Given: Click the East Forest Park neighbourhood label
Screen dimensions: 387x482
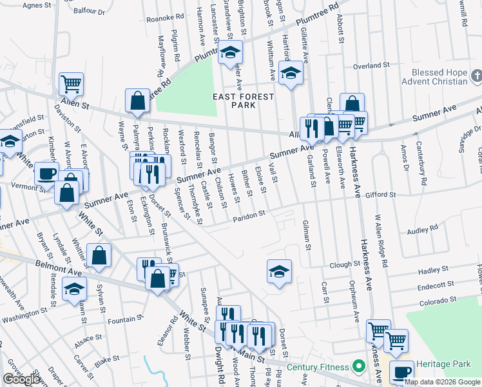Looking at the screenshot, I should pyautogui.click(x=244, y=101).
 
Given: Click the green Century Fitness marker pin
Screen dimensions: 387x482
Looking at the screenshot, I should pyautogui.click(x=359, y=366).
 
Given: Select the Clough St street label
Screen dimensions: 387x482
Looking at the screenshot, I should pyautogui.click(x=345, y=264).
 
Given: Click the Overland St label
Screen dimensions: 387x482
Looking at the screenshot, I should pyautogui.click(x=372, y=65).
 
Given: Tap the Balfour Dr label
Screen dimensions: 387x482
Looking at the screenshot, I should pyautogui.click(x=89, y=11).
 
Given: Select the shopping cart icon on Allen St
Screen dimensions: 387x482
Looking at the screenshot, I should pyautogui.click(x=71, y=83).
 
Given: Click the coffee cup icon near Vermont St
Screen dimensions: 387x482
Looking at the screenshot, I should pyautogui.click(x=46, y=173).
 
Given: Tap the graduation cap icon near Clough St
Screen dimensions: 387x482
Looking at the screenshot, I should pyautogui.click(x=279, y=271).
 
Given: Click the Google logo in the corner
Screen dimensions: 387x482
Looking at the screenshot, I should pyautogui.click(x=22, y=379).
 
